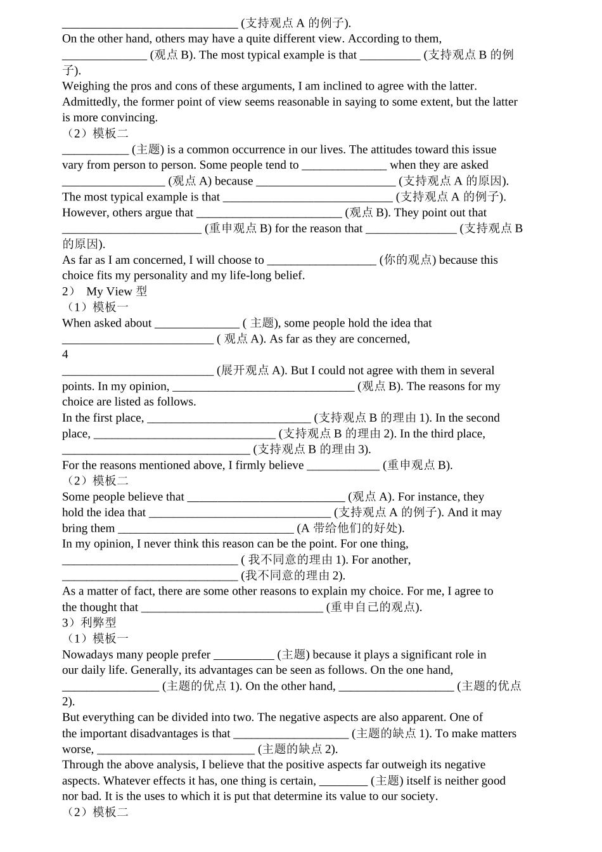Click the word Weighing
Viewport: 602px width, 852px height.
pos(85,86)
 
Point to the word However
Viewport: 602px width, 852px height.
pos(85,212)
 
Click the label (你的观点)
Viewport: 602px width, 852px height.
pos(407,260)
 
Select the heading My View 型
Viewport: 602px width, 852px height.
pos(117,292)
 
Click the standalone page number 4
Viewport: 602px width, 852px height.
pos(65,354)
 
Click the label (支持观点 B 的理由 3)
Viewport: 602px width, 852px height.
pos(312,449)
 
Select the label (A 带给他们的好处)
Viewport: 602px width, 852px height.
pos(350,528)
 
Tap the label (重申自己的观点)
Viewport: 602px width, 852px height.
pos(374,607)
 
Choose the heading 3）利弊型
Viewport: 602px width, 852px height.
pos(89,623)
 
